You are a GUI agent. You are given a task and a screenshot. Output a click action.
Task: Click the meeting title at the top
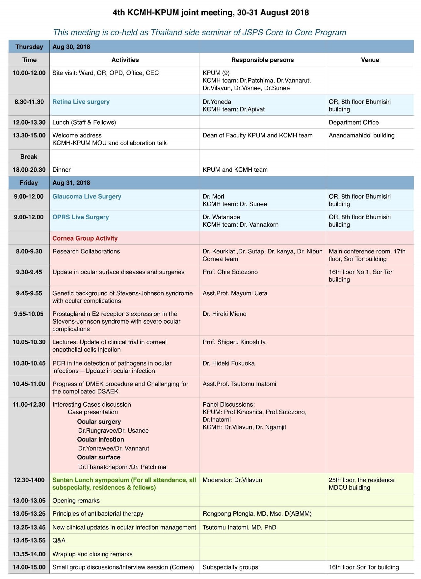[211, 13]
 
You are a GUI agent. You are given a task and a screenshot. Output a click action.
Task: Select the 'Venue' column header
[370, 60]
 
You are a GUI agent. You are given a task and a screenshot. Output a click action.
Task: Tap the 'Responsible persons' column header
[262, 60]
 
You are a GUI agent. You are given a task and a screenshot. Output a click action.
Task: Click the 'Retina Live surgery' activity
[81, 102]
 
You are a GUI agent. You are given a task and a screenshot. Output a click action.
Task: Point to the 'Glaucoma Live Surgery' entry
[87, 196]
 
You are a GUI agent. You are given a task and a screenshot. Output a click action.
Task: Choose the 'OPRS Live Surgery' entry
[81, 217]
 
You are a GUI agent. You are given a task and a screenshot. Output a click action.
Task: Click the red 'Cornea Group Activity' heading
[85, 238]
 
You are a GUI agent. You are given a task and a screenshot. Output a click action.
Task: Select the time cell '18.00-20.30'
[29, 170]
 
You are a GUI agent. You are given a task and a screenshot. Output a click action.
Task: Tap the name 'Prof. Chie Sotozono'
[230, 272]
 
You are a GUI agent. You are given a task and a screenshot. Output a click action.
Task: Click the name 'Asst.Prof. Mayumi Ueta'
[235, 293]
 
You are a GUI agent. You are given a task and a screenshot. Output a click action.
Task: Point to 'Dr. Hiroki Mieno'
[224, 314]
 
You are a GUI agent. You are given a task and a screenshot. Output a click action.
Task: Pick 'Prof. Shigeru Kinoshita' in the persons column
[234, 342]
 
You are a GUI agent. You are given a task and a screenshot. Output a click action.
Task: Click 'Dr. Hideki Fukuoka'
[228, 363]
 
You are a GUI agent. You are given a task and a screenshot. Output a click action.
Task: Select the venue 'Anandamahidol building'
[361, 135]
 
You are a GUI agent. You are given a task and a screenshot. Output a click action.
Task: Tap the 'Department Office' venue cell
[354, 122]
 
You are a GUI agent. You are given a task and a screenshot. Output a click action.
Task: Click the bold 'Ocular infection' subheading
[100, 440]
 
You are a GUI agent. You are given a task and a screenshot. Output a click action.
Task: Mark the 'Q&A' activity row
[59, 540]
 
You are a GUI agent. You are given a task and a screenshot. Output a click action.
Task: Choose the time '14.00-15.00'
[29, 567]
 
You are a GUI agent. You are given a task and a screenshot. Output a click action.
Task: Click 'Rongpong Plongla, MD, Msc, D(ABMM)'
[257, 514]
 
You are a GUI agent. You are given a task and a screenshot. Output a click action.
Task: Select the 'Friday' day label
[29, 183]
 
